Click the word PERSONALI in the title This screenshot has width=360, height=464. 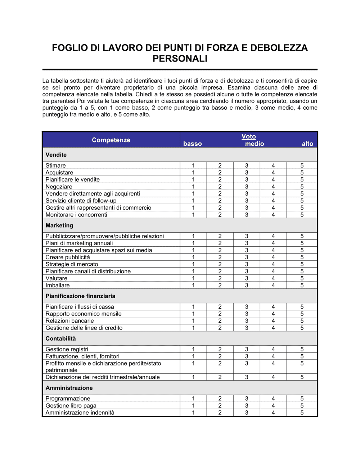tap(180, 59)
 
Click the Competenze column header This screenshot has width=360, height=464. tap(111, 140)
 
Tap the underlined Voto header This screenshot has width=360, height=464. tap(248, 136)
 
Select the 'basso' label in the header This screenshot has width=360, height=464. tap(192, 144)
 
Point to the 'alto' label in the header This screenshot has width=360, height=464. tap(307, 144)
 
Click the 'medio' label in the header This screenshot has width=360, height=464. tap(254, 144)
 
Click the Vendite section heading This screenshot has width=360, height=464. tap(56, 155)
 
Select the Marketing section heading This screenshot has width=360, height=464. tap(59, 226)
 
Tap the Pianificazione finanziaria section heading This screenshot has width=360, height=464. tap(80, 296)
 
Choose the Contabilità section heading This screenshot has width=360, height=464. tap(60, 338)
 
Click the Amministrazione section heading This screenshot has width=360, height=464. tap(69, 388)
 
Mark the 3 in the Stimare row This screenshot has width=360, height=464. tap(247, 165)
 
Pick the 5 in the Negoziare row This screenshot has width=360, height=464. tap(302, 187)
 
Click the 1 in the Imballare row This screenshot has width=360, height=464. tap(193, 285)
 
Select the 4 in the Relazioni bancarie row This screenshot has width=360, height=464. tap(273, 321)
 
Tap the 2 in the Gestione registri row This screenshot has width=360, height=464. tap(220, 349)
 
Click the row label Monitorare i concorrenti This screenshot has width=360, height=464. tap(76, 215)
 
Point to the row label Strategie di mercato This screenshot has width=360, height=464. tap(72, 264)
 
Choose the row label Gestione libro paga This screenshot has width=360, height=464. tap(71, 406)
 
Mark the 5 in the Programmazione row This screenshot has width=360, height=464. tap(302, 399)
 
